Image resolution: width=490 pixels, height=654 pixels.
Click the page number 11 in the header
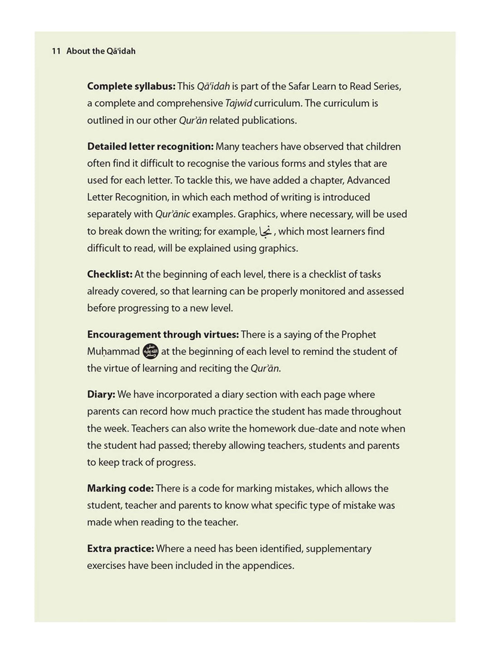coord(56,51)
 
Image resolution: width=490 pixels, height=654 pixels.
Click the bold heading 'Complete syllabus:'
coord(131,86)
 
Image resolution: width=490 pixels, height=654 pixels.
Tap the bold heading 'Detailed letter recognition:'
coord(150,147)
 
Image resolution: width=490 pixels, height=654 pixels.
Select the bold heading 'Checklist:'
coord(110,274)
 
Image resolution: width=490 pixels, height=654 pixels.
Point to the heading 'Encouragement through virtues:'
coord(163,335)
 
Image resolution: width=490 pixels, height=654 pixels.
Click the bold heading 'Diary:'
coord(101,395)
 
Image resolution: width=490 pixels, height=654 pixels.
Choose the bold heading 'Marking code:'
coord(120,489)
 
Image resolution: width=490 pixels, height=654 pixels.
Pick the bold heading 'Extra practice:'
coord(121,549)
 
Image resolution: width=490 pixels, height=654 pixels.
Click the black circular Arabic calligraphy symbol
coord(151,352)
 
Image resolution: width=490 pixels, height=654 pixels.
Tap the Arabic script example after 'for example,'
coord(266,232)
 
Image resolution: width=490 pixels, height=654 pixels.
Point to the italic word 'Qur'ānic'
coord(172,214)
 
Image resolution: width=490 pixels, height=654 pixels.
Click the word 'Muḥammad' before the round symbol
coord(113,352)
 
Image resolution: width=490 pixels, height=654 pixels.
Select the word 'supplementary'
coord(338,549)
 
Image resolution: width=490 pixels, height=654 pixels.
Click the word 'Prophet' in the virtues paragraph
coord(358,335)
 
